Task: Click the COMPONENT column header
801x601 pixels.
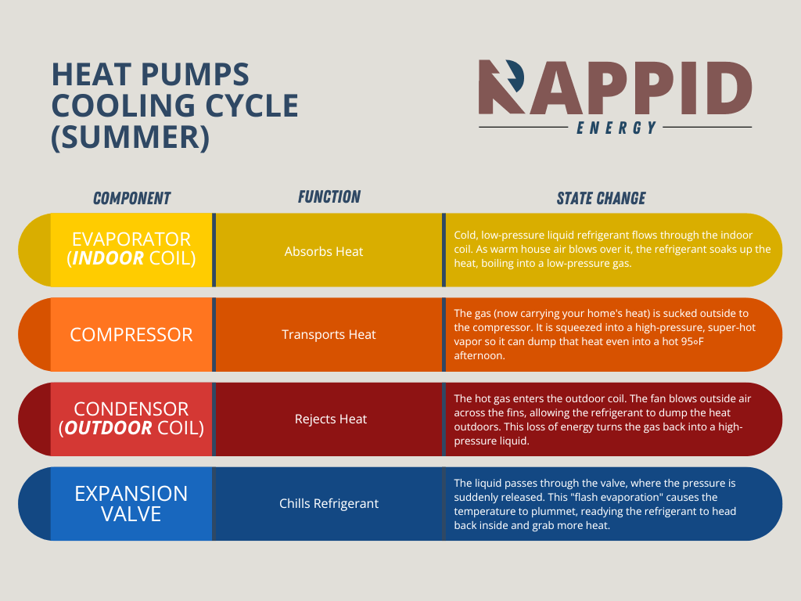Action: pyautogui.click(x=131, y=198)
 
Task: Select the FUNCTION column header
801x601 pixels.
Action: pyautogui.click(x=329, y=196)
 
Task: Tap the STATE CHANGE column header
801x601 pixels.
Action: pyautogui.click(x=601, y=198)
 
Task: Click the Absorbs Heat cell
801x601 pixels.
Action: pyautogui.click(x=324, y=251)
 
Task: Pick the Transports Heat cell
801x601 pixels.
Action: pyautogui.click(x=329, y=334)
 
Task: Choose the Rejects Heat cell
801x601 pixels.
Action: pyautogui.click(x=331, y=419)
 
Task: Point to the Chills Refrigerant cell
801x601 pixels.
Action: pyautogui.click(x=329, y=503)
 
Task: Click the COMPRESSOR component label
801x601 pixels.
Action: pyautogui.click(x=131, y=334)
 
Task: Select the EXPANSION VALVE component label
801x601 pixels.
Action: pyautogui.click(x=131, y=503)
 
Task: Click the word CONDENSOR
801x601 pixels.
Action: pyautogui.click(x=131, y=408)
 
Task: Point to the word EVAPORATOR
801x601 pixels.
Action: pyautogui.click(x=131, y=239)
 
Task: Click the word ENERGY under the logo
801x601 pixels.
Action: pyautogui.click(x=616, y=128)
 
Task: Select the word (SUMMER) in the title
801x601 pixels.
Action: pyautogui.click(x=131, y=136)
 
